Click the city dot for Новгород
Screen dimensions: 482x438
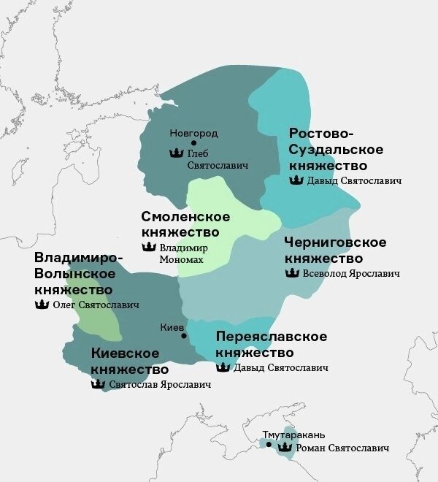tap(193, 143)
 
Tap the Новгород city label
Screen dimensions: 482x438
tap(193, 133)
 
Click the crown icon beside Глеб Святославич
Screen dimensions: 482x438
tap(175, 153)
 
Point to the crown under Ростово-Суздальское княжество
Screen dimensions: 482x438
tap(296, 180)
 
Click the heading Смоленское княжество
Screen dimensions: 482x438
tap(185, 224)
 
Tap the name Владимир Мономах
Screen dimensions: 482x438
tap(183, 253)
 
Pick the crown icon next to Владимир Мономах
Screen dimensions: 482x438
tap(147, 248)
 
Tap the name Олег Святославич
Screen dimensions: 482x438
tap(96, 305)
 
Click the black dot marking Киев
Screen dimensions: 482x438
tap(184, 336)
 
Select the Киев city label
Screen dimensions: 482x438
tap(172, 327)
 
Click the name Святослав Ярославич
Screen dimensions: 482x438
tap(160, 384)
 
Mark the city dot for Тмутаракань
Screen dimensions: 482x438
tap(269, 443)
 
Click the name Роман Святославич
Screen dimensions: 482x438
tap(342, 448)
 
